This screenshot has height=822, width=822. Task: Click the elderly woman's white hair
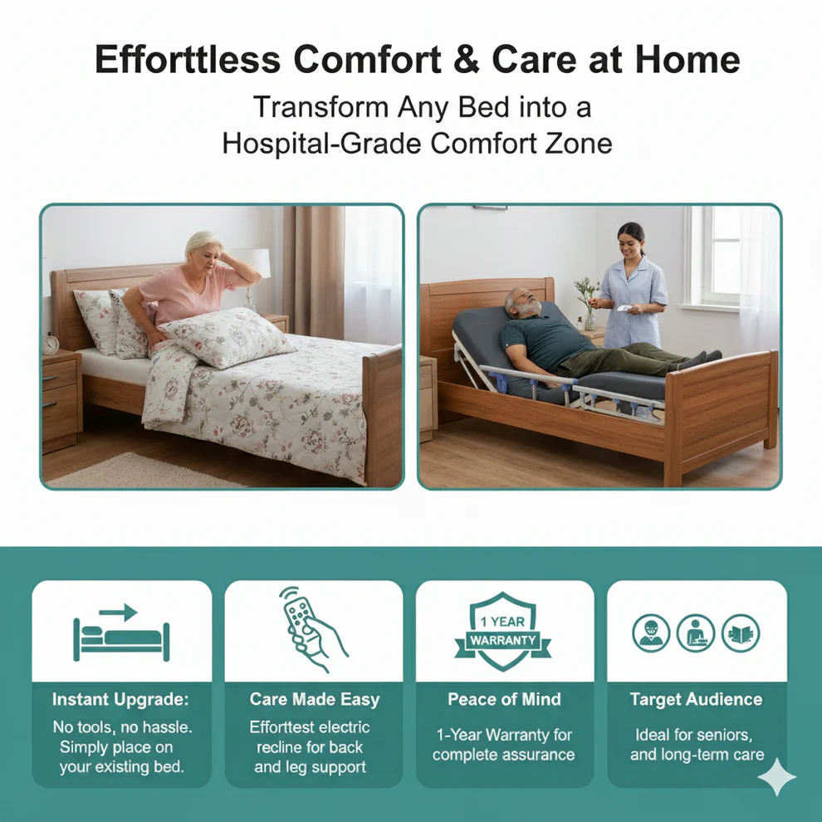pos(202,244)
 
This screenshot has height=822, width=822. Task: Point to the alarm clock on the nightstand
pos(51,343)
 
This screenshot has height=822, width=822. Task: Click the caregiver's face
pos(632,239)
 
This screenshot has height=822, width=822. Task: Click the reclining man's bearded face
pos(521,305)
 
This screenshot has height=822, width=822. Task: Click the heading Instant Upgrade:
pos(121,699)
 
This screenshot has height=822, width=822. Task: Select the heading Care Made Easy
pos(314,699)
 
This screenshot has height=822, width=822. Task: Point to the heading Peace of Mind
pos(504,699)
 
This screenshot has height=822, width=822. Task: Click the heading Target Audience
pos(696,699)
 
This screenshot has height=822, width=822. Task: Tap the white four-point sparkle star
pos(777,776)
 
